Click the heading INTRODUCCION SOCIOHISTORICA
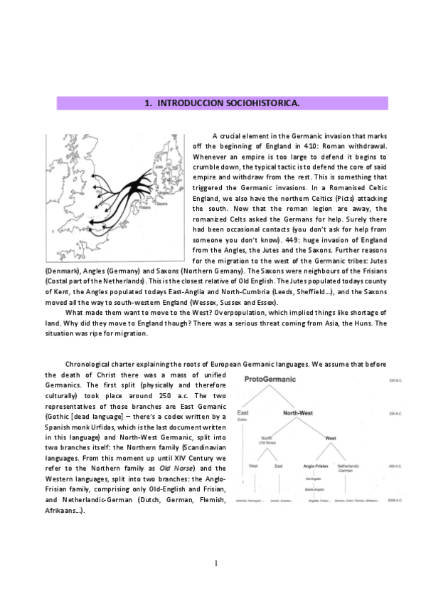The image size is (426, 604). (x=221, y=103)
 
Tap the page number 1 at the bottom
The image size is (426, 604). (x=215, y=563)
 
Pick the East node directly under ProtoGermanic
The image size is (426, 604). (x=243, y=414)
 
